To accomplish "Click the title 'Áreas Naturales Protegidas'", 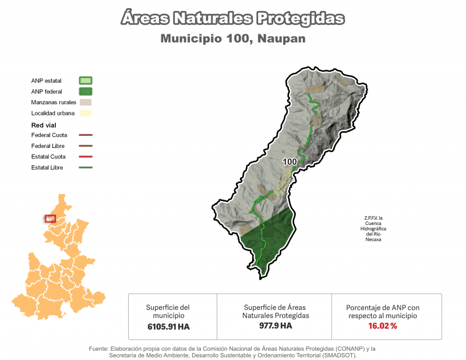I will coord(233,19).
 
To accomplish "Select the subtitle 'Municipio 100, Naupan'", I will coord(233,38).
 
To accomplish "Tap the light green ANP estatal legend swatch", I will coord(86,80).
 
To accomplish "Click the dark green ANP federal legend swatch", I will coord(86,91).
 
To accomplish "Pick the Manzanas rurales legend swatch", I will coord(86,102).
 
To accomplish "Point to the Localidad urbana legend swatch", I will coord(86,113).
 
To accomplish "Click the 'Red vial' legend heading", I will coord(44,125).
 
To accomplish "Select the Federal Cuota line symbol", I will coord(86,135).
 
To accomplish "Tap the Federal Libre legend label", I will coord(48,146).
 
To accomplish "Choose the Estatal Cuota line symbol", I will coord(86,157).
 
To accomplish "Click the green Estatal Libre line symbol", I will coord(86,168).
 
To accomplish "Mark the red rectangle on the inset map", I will coord(50,218).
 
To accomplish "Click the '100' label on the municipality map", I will coord(290,161).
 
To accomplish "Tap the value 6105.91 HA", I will coord(168,327).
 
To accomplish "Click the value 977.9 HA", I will coord(276,326).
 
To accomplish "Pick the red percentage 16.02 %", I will coord(383,326).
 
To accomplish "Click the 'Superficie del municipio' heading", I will coord(168,311).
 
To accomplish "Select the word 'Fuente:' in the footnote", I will coord(100,348).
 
